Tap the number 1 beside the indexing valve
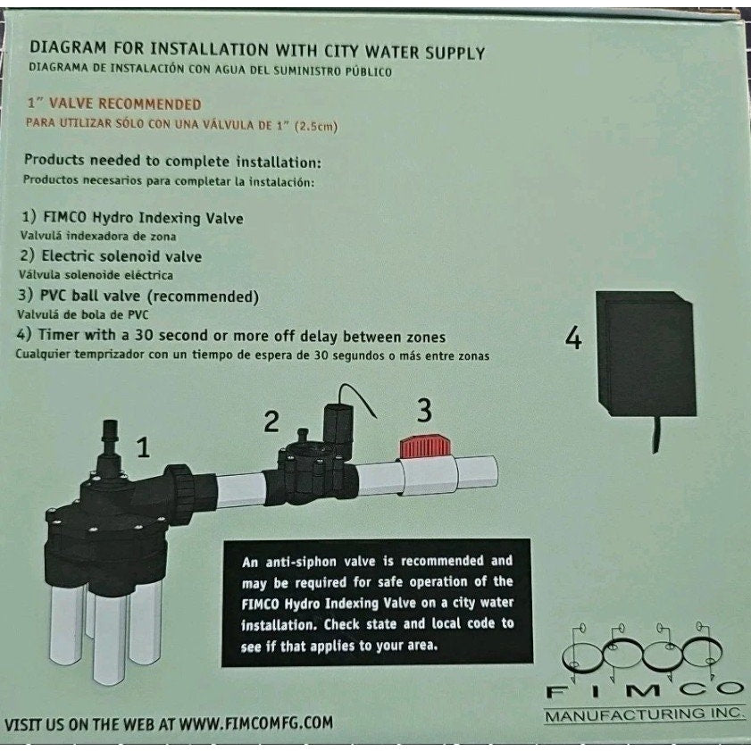[142, 446]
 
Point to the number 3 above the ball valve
[425, 410]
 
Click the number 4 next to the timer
[574, 338]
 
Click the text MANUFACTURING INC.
[643, 714]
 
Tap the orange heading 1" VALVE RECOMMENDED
[113, 105]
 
